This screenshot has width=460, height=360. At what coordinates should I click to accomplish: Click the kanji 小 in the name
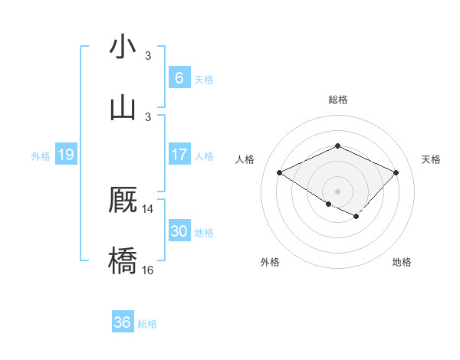coord(123,47)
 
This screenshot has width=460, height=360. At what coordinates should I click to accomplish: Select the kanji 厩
coord(123,201)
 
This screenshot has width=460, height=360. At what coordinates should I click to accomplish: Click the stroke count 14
coord(148,208)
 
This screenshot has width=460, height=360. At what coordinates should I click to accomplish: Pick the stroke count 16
coord(148,270)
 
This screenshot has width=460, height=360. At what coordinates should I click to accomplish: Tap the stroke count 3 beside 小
coord(148,56)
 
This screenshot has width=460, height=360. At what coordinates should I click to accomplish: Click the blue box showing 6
coord(179,78)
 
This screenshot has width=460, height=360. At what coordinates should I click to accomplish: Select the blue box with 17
coord(179,155)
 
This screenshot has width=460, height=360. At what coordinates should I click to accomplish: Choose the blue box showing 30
coord(179,231)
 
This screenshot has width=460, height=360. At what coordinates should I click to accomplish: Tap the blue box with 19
coord(66,155)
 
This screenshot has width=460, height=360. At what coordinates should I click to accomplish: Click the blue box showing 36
coord(122,322)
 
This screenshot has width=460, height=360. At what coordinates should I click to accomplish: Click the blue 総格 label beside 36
coord(147,324)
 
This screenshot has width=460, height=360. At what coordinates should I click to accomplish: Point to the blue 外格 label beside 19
coord(41,156)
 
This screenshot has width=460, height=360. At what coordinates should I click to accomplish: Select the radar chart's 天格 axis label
coord(431,159)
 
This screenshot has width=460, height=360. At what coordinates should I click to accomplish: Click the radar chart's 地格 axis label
coord(402,262)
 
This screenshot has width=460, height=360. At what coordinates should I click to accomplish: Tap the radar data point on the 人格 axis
coord(280,173)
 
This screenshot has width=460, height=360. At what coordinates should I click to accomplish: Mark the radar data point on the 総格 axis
coord(337,146)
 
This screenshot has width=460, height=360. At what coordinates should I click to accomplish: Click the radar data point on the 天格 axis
coord(396,173)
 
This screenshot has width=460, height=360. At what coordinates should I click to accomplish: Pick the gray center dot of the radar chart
coord(337,191)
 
